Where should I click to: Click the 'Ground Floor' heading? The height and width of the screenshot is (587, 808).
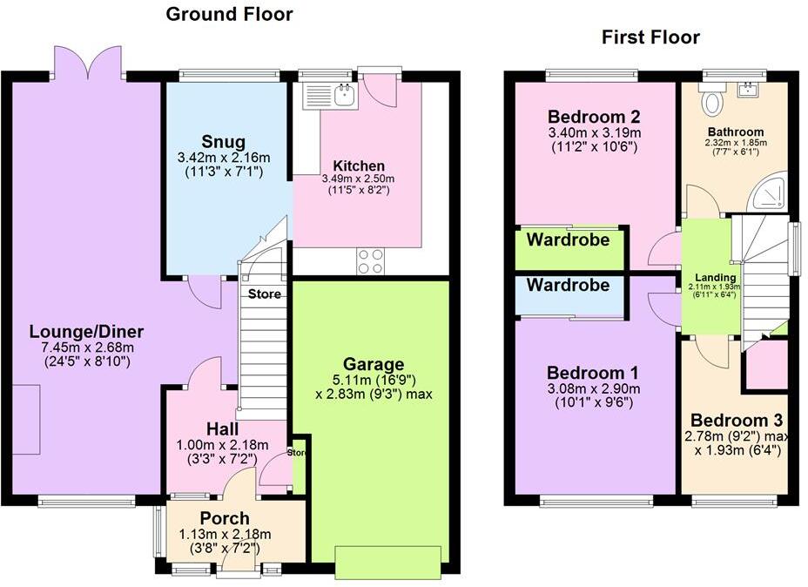tap(229, 14)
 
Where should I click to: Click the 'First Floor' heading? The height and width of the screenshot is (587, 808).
tap(650, 37)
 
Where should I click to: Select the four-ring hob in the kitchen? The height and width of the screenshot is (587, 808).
tap(370, 260)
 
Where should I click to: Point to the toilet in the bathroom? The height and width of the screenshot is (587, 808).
tap(712, 103)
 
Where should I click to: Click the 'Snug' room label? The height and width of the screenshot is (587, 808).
tap(223, 142)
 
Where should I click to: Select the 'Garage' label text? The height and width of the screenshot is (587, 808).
tap(373, 364)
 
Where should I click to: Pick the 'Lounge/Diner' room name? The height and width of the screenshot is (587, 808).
tap(86, 332)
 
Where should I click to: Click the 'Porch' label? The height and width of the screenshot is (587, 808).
tap(225, 518)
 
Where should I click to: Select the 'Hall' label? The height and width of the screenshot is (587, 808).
tap(224, 428)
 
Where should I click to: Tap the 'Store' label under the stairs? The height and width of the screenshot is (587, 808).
tap(264, 294)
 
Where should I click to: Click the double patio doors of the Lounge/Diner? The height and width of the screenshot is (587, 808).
tap(87, 63)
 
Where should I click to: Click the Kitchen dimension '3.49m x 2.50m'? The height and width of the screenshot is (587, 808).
tap(359, 179)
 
